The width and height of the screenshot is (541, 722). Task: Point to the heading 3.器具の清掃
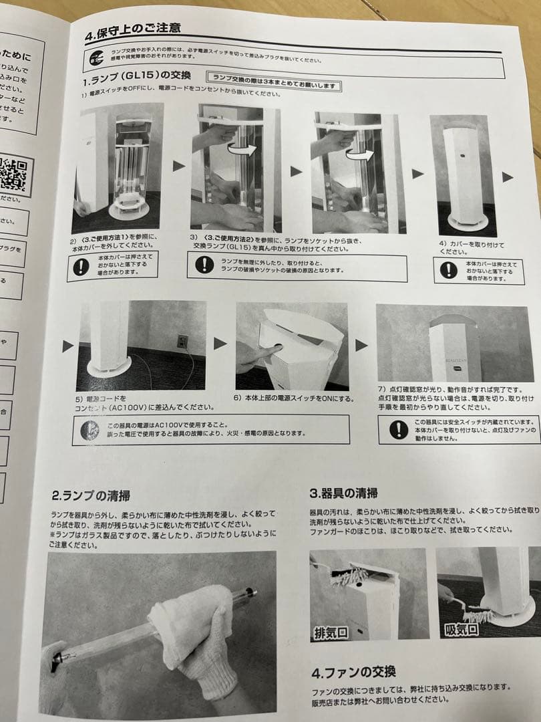coord(343,493)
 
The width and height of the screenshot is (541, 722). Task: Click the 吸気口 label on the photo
coord(460,629)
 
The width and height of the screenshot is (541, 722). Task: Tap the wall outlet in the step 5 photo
coord(182,342)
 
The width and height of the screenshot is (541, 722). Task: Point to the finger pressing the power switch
coord(264,352)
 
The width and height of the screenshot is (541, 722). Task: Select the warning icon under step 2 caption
coord(81,267)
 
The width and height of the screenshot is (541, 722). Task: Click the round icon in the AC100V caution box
coord(89,430)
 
